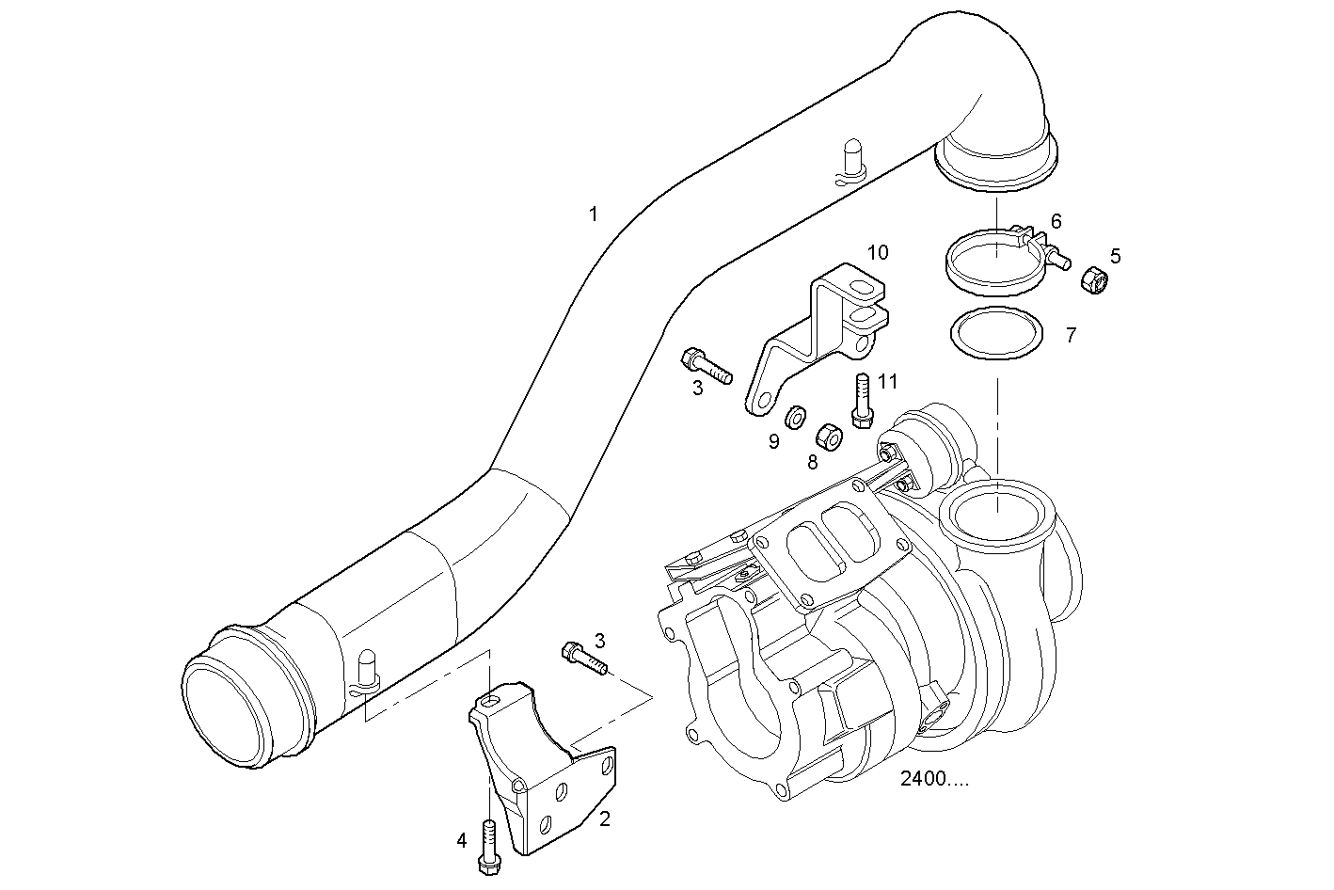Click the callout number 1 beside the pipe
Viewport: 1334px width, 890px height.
point(593,215)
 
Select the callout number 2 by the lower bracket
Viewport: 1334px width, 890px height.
point(605,818)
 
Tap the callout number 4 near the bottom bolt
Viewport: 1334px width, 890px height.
point(461,840)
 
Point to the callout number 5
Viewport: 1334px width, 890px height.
point(1116,255)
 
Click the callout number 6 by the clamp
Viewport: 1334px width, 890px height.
point(1056,221)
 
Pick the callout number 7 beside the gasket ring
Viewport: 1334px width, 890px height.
point(1071,335)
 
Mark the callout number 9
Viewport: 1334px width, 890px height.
point(773,441)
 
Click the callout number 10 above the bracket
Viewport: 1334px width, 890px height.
point(877,252)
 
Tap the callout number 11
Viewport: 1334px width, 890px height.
point(887,381)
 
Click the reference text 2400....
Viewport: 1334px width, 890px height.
point(933,779)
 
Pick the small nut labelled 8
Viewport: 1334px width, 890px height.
point(828,436)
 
